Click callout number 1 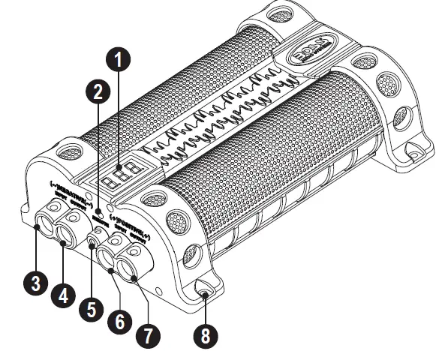120,56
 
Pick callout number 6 118,322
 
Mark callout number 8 205,335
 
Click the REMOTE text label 98,217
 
